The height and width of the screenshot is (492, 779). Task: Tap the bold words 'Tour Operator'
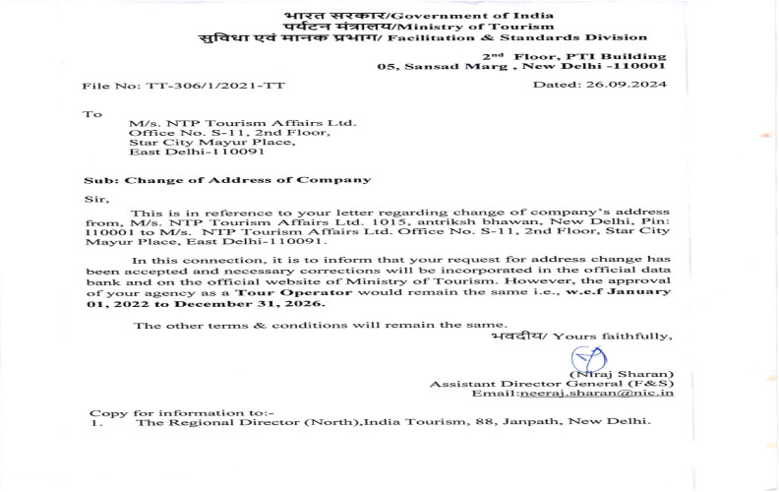[x=272, y=293]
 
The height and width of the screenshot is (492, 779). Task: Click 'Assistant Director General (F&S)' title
[x=552, y=383]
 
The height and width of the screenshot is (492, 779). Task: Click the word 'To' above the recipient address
[x=92, y=114]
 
